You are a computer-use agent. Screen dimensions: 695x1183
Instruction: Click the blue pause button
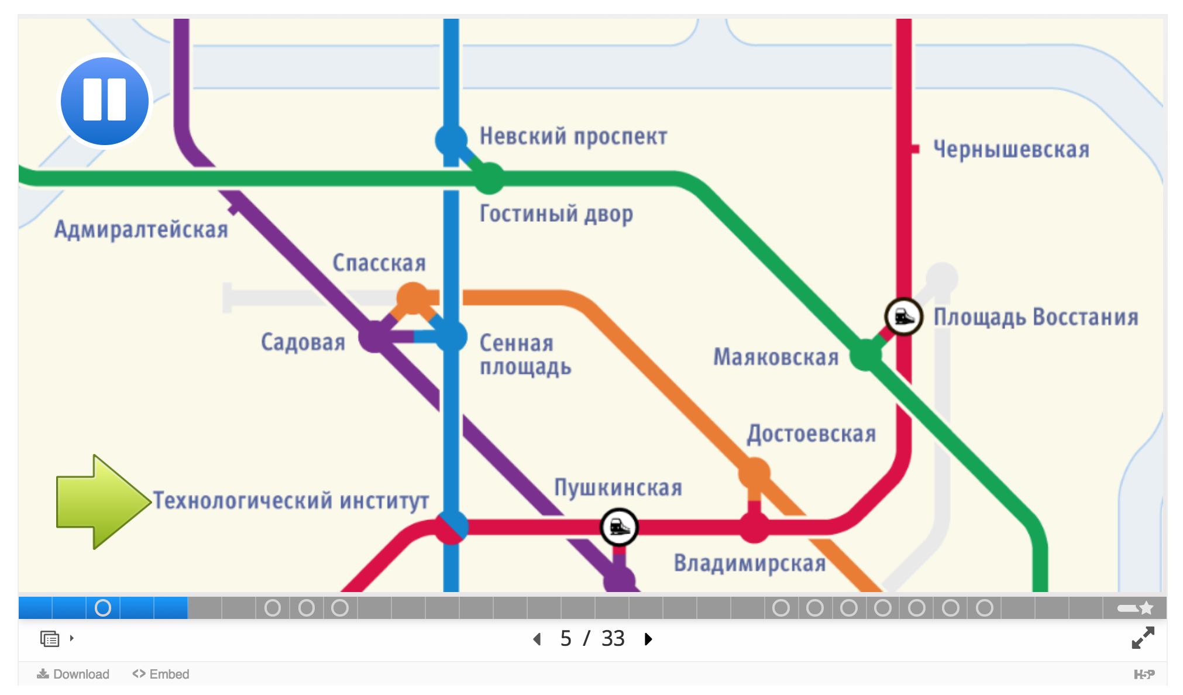(105, 101)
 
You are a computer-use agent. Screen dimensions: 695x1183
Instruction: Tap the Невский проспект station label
(573, 137)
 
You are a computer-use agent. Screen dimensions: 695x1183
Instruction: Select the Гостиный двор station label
(556, 214)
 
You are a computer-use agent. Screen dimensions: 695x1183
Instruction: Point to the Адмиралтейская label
(141, 229)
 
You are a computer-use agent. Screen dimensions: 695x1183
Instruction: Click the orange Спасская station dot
(412, 298)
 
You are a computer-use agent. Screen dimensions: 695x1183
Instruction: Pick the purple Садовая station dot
(374, 336)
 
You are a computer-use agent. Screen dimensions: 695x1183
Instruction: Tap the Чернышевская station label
(1011, 150)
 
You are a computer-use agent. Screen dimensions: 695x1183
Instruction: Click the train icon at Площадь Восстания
(903, 316)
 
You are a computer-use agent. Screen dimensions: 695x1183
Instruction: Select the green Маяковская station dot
(865, 355)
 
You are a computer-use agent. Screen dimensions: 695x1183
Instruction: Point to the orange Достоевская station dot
(754, 473)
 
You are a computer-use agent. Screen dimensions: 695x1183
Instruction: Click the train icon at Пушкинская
(619, 527)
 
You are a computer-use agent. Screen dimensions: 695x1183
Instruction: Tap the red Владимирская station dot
(754, 527)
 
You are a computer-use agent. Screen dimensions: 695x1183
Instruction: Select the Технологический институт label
(291, 501)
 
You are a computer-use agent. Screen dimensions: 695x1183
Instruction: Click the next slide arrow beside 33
(648, 639)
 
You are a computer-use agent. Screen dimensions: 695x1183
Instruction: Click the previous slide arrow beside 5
(537, 639)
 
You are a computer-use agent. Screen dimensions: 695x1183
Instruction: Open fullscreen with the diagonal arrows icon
(1143, 638)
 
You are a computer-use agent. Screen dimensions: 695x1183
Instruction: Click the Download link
(74, 674)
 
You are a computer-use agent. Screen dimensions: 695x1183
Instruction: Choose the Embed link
(161, 674)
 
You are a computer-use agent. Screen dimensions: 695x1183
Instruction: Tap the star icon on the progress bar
(1146, 608)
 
